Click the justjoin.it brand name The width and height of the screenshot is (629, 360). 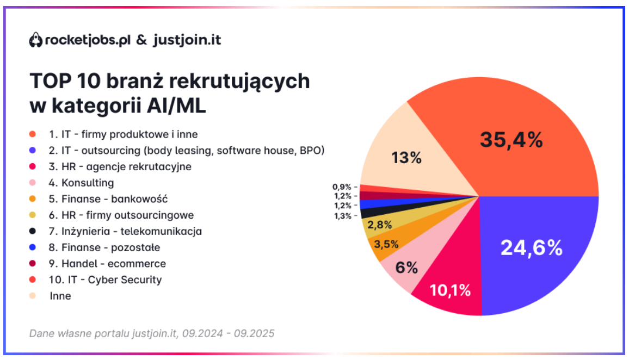(x=187, y=40)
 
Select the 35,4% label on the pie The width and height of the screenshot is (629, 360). (x=511, y=140)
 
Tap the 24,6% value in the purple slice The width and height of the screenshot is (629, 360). (x=531, y=248)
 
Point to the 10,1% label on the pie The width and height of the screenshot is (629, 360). (x=450, y=290)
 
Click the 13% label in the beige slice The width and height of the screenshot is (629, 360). (x=406, y=158)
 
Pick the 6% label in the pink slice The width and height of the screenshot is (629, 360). (x=406, y=268)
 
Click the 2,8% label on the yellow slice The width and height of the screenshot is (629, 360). (x=379, y=225)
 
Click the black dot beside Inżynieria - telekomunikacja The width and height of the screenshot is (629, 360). (x=33, y=232)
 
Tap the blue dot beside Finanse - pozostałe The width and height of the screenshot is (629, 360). (x=33, y=248)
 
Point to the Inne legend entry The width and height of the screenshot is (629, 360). (x=60, y=296)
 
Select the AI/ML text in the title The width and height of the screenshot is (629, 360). (x=176, y=106)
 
